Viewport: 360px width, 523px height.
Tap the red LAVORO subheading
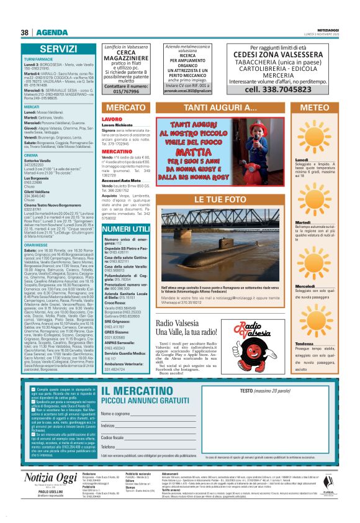coord(112,119)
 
